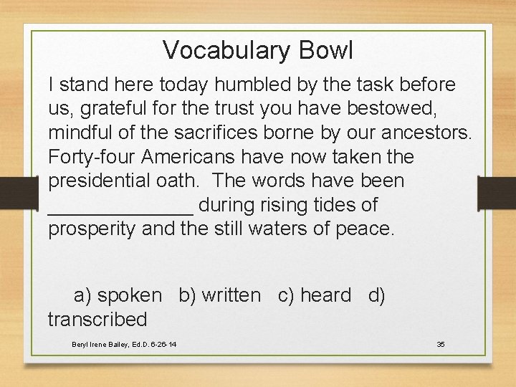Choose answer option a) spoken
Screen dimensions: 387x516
point(118,295)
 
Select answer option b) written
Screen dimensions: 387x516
point(220,295)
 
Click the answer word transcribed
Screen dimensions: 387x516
point(97,319)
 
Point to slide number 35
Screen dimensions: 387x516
point(441,345)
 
